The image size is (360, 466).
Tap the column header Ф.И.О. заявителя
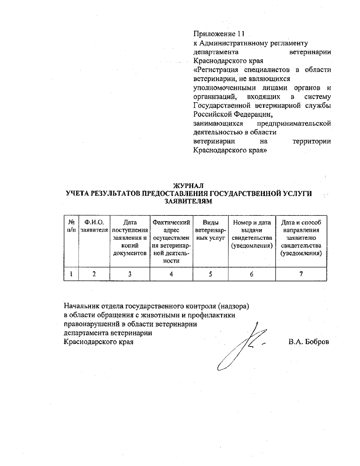pos(94,226)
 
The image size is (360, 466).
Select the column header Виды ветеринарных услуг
pos(210,230)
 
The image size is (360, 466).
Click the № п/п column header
pos(71,226)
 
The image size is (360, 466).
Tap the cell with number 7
pos(301,274)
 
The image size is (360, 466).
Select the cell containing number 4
pos(171,274)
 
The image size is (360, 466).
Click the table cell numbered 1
pos(71,274)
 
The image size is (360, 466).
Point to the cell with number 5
pos(210,274)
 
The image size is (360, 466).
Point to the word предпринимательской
pos(294,124)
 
